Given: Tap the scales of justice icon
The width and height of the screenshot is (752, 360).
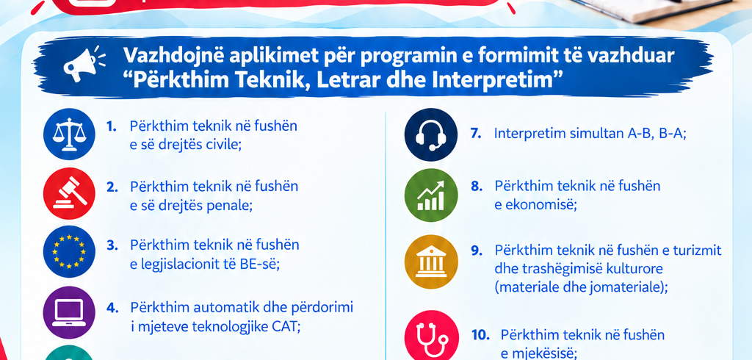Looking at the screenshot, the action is (x=69, y=134).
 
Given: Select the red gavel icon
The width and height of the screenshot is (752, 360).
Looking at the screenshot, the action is (x=69, y=193).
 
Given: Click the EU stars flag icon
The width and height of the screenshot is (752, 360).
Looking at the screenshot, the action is (x=69, y=251).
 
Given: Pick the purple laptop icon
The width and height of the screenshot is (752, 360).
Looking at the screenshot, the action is (x=69, y=313).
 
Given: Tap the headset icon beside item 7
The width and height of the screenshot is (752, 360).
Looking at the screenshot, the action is (x=431, y=134).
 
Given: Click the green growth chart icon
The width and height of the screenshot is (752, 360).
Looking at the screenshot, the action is (x=431, y=195).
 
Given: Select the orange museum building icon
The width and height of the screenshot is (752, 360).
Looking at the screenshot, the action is (x=431, y=262).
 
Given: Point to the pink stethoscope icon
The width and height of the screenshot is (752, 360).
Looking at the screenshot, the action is (x=431, y=337).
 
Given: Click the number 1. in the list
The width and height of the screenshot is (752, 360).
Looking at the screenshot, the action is (x=112, y=126).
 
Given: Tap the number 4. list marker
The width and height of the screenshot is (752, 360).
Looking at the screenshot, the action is (x=112, y=308).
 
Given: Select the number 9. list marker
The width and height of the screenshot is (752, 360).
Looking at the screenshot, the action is (x=476, y=251).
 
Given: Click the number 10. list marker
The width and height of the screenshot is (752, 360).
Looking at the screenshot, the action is (x=480, y=335).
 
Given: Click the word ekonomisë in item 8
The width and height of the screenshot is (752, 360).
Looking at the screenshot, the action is (x=538, y=204).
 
